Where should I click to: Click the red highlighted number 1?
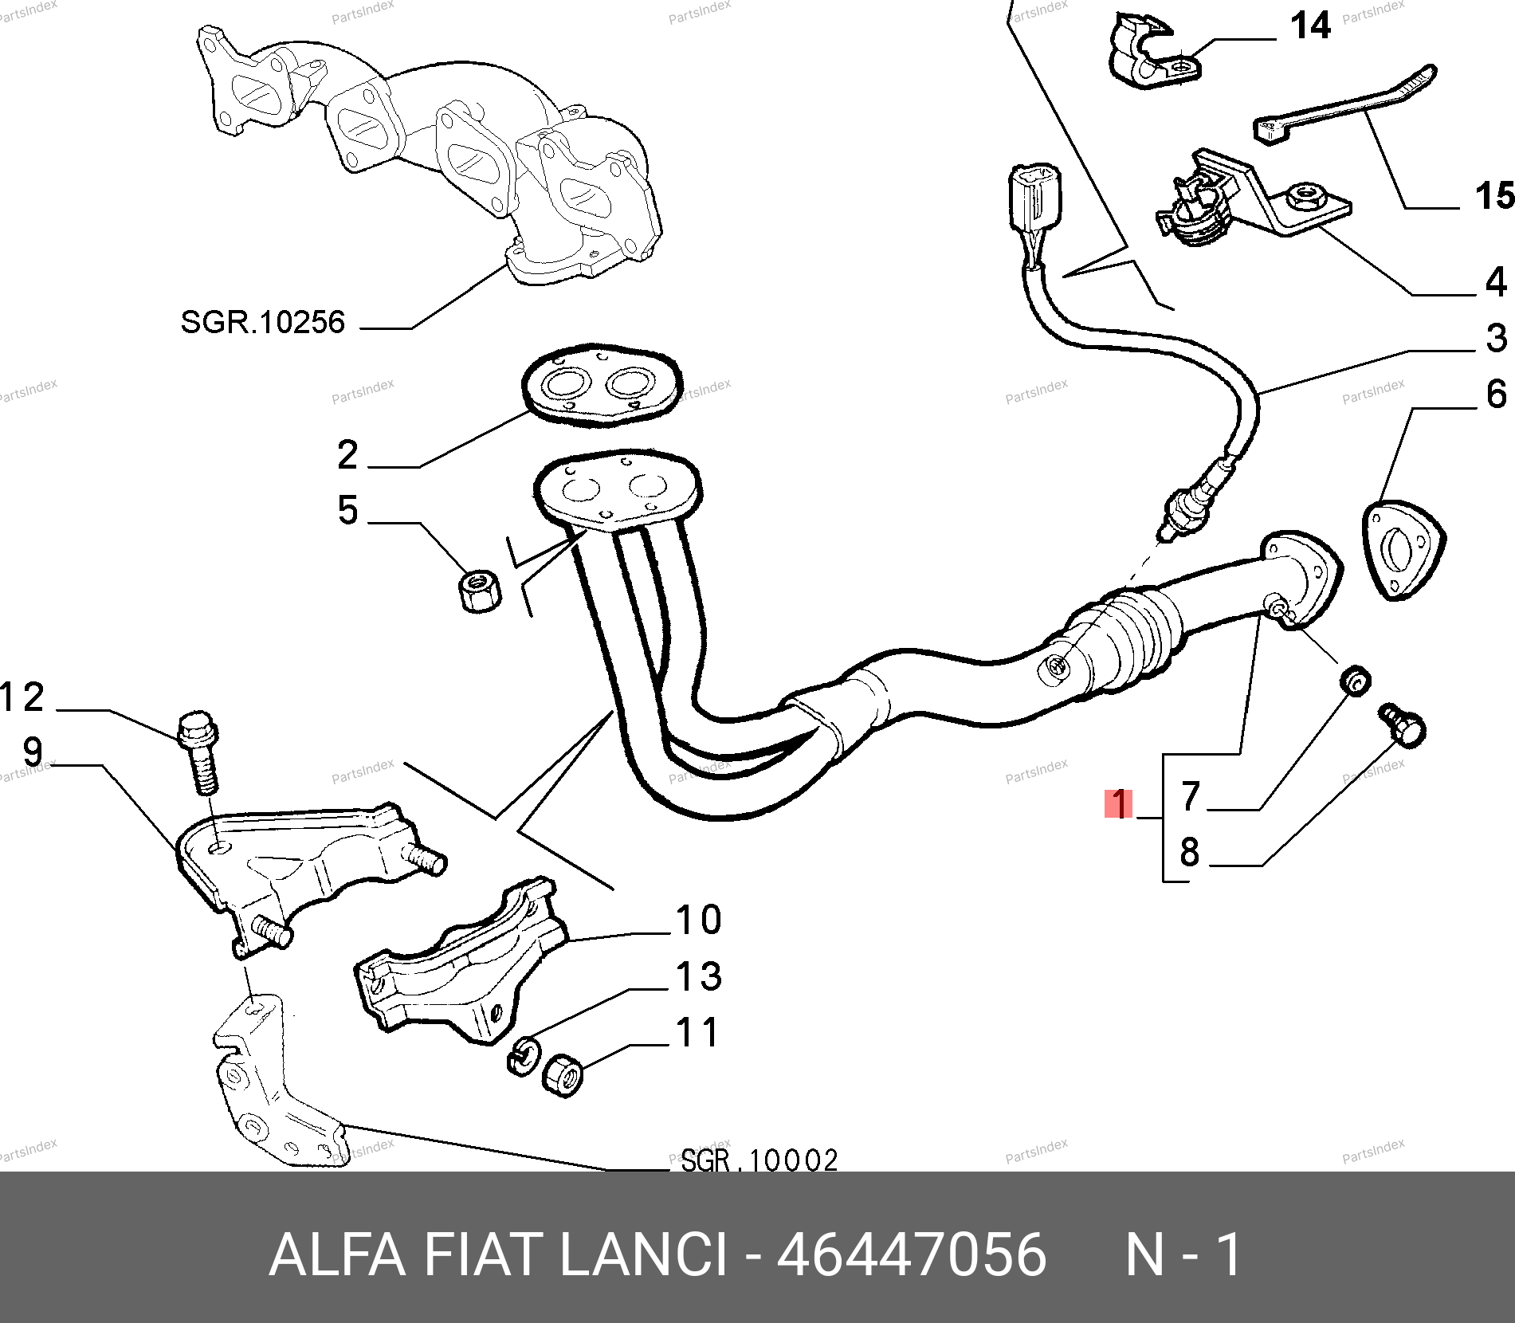1119,803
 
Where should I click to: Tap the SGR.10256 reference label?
262,322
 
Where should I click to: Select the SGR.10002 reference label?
759,1160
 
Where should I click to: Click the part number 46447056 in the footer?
911,1254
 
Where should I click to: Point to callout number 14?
1310,26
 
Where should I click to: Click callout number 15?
1494,195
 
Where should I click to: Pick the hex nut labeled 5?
480,591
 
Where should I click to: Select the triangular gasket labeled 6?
1403,550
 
